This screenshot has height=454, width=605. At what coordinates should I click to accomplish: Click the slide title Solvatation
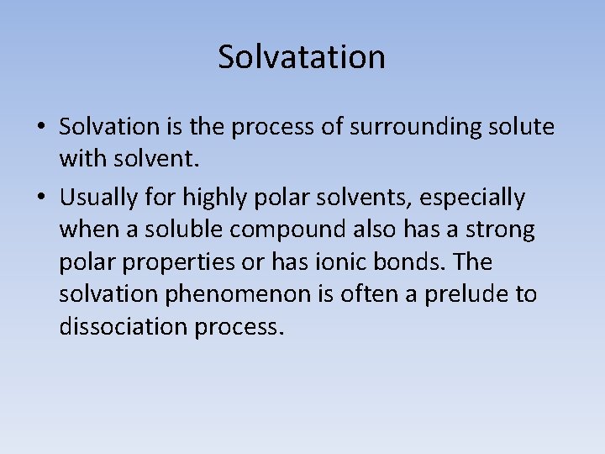[x=302, y=57]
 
